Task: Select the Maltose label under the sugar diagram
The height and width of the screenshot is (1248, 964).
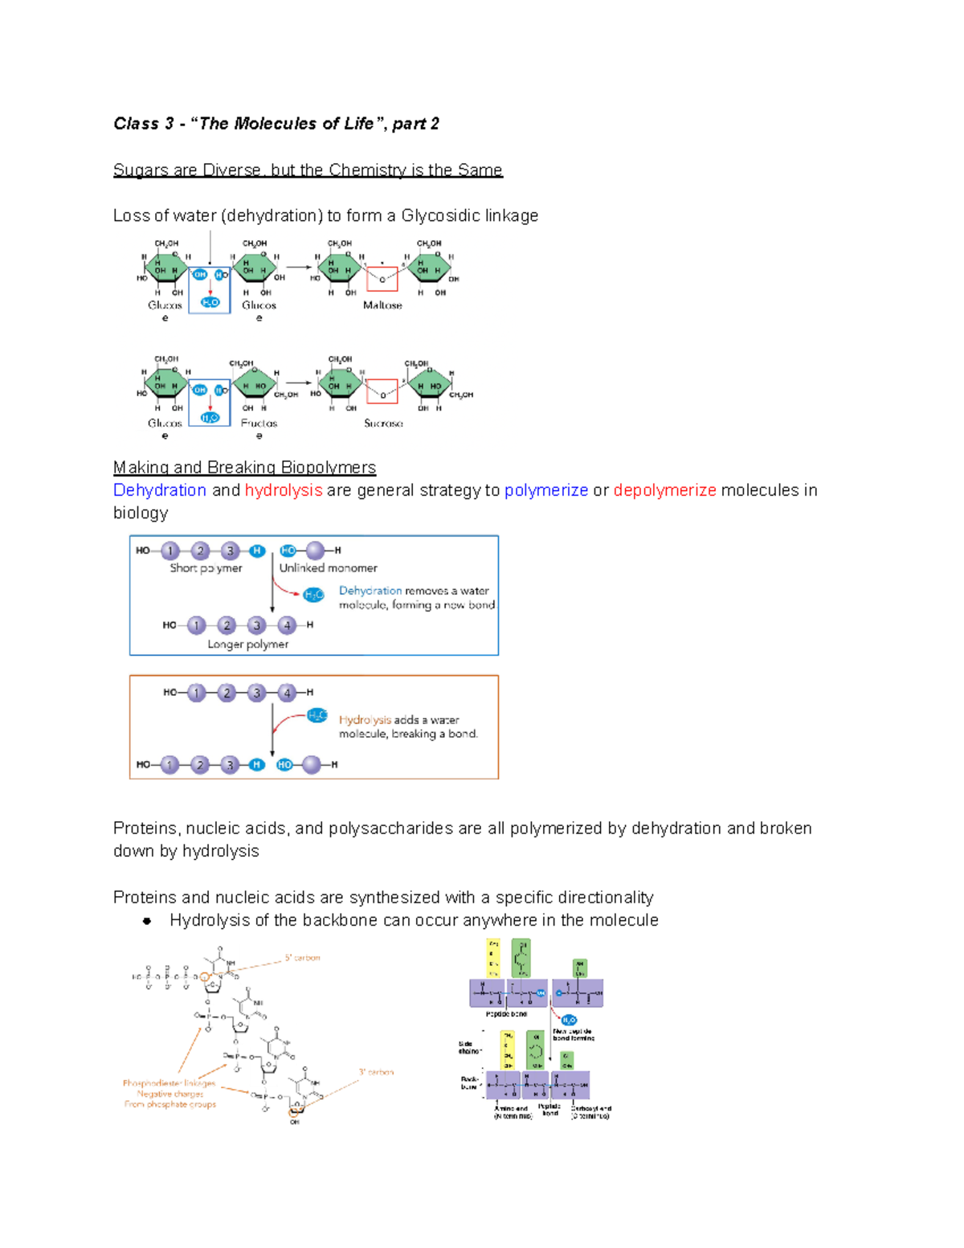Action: point(382,305)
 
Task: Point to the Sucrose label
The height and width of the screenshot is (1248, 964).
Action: point(383,424)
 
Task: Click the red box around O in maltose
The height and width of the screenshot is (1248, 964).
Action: point(382,279)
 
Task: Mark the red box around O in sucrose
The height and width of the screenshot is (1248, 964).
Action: point(382,391)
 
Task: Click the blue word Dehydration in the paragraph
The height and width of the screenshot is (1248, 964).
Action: point(160,490)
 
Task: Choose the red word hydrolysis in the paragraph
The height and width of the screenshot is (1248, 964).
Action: point(284,490)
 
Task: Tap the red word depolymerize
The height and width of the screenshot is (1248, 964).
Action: point(664,490)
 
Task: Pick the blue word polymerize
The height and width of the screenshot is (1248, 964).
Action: point(546,490)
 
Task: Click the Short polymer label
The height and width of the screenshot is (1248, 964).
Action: point(206,568)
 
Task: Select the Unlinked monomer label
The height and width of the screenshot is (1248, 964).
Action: point(328,568)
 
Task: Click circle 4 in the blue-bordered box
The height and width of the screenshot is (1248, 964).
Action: point(287,625)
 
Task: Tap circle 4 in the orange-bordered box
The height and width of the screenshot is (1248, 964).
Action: point(287,693)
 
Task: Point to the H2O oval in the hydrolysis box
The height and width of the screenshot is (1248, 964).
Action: point(317,715)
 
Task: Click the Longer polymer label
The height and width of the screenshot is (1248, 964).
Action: point(247,644)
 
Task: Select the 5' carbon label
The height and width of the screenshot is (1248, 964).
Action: point(302,958)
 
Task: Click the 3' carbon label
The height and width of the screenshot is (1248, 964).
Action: point(376,1072)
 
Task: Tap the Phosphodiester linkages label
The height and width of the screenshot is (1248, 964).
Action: point(169,1083)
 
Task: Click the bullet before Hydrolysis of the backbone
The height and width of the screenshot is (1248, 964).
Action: point(147,921)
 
